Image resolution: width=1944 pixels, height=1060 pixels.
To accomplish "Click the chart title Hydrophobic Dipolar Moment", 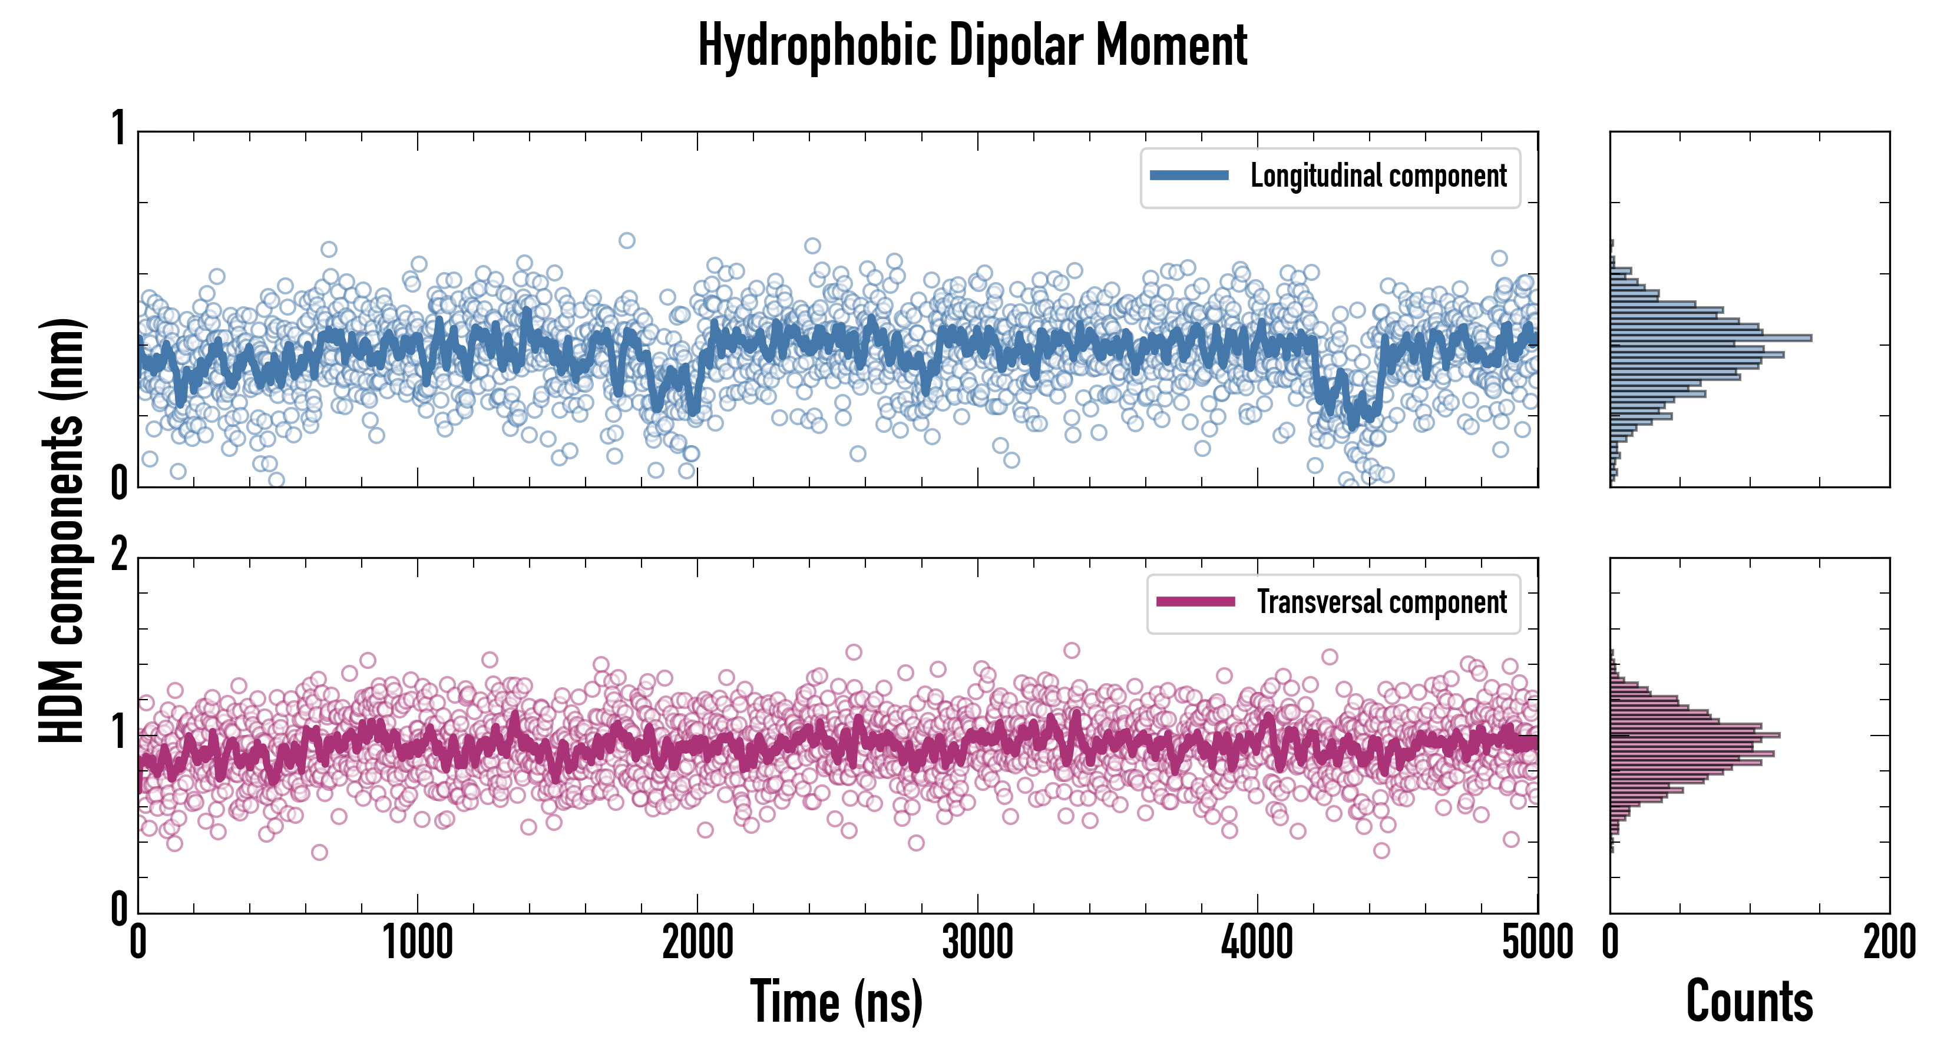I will (x=972, y=45).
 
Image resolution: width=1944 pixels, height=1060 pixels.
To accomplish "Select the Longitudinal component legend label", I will (x=1378, y=176).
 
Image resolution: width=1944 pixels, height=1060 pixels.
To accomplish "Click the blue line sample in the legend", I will (x=1189, y=176).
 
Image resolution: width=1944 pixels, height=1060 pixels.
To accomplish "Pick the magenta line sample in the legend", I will (x=1195, y=602).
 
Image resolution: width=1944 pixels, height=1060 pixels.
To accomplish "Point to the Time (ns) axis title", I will (x=836, y=1002).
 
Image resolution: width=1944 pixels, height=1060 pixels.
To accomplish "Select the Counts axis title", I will (x=1749, y=1002).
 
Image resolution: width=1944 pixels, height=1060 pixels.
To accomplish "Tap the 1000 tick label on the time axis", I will (x=417, y=943).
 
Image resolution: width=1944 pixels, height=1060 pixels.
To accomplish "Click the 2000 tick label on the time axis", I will (x=697, y=943).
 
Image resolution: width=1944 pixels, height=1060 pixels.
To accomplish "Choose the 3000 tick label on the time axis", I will (x=977, y=943).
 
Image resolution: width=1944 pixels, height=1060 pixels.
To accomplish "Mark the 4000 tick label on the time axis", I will (x=1257, y=943).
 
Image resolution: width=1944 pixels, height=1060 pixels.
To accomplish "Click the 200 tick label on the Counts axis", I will (x=1889, y=943).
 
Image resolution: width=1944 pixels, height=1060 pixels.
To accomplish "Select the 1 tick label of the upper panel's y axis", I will (x=118, y=128).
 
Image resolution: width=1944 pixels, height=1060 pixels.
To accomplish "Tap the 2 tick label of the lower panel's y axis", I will (x=118, y=556).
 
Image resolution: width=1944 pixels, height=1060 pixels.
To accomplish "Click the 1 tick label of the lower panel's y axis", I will (x=118, y=732).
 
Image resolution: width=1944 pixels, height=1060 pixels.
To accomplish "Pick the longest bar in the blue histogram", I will (x=1710, y=338).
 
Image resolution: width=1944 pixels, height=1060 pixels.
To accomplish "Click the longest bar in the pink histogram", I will (x=1695, y=735).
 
